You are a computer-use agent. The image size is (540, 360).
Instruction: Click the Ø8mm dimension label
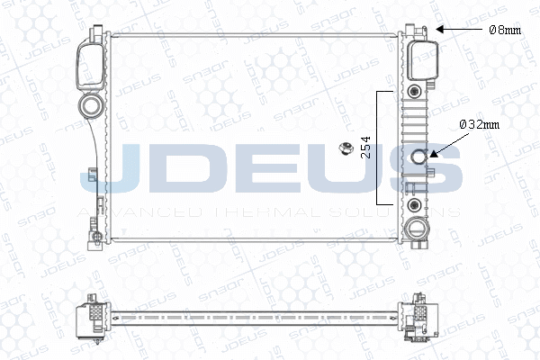[504, 30]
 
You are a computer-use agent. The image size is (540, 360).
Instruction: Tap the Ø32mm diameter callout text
[479, 124]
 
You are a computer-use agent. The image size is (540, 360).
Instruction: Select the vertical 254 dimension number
[364, 148]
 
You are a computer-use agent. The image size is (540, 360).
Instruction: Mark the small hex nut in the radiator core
[343, 148]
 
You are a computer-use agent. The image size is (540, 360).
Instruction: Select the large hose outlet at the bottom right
[417, 227]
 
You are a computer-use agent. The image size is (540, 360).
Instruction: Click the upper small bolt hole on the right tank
[415, 92]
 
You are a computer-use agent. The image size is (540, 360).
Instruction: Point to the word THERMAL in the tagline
[261, 211]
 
